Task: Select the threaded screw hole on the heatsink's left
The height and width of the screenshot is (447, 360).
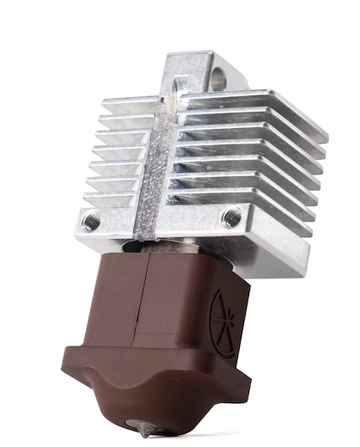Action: [x=91, y=222]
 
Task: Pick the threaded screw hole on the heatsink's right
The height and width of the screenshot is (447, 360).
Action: [x=231, y=217]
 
